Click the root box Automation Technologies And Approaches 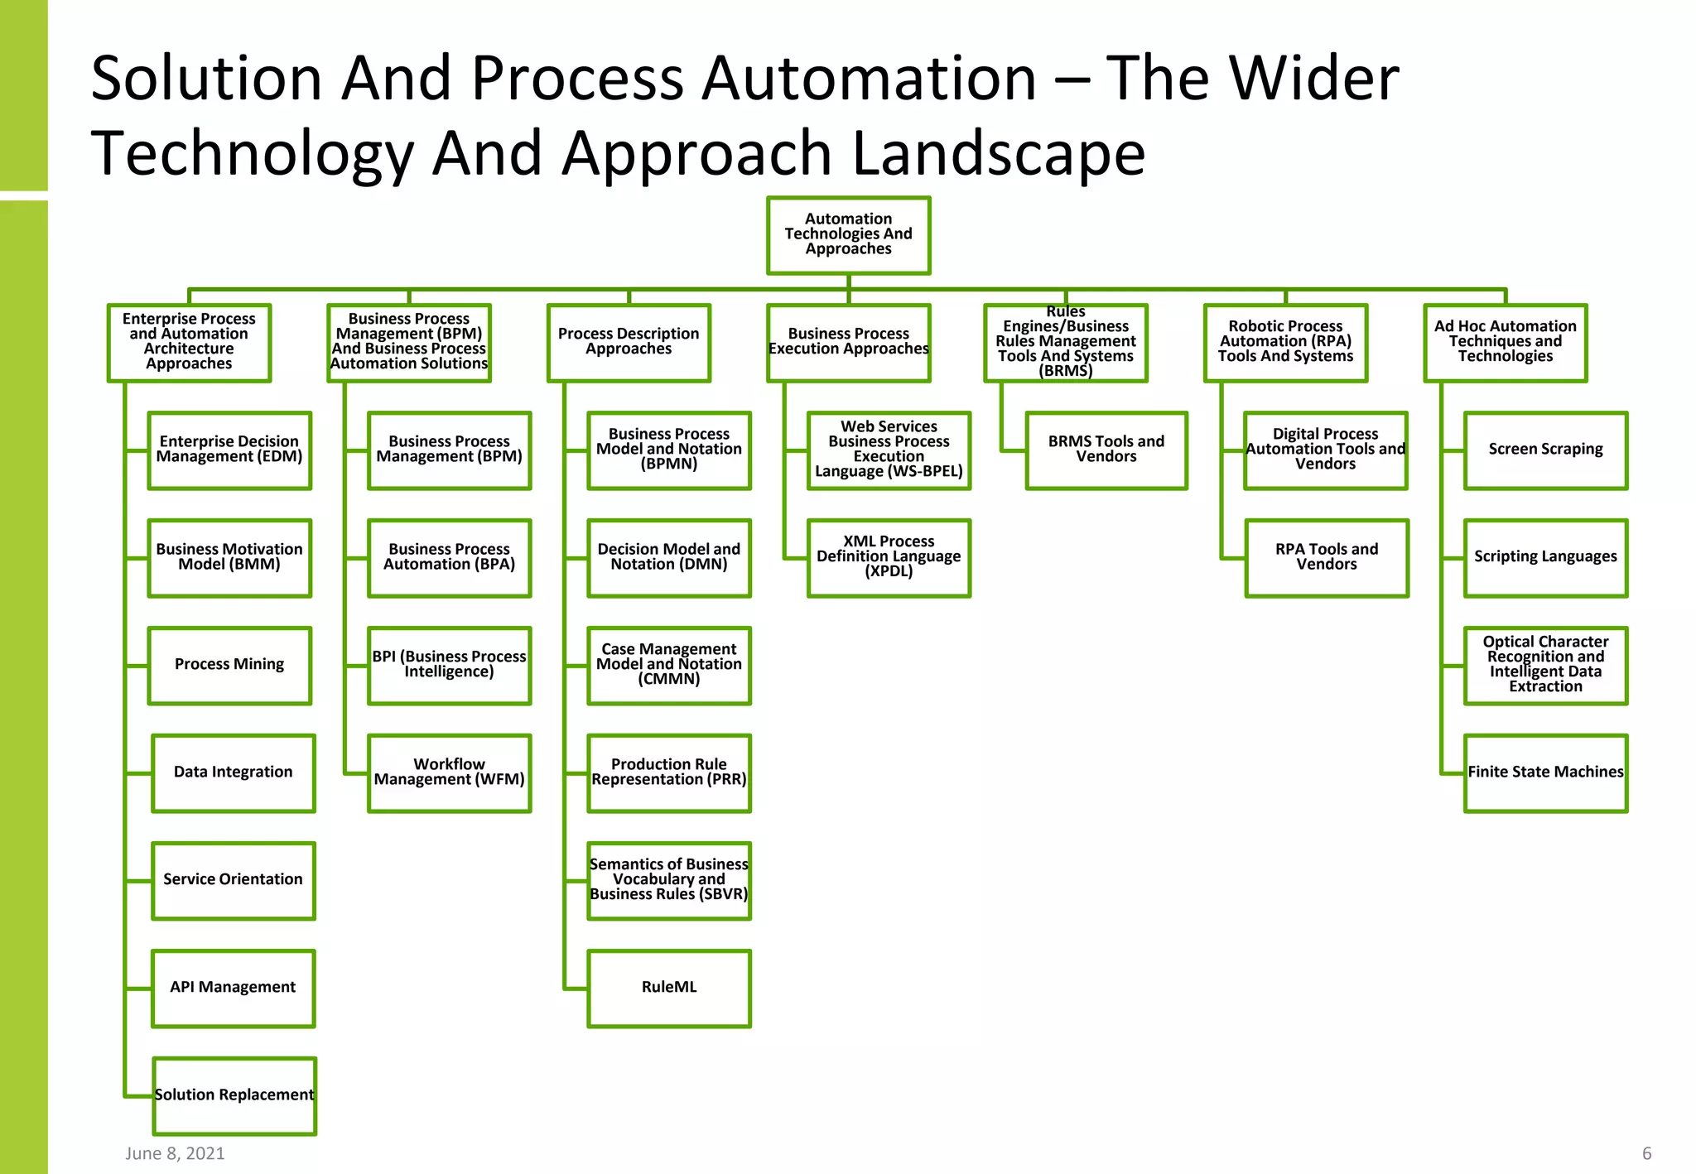(848, 235)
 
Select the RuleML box (669, 988)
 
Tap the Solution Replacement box (234, 1095)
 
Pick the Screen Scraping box (1545, 450)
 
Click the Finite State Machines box (1545, 772)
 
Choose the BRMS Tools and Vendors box (1106, 450)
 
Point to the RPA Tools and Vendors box (1327, 558)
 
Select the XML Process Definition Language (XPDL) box (889, 558)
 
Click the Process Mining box (229, 665)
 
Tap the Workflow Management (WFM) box (449, 772)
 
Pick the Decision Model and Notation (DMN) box (669, 558)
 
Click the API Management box (233, 988)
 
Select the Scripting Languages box (1545, 558)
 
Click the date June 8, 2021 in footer (175, 1153)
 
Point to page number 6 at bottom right (1646, 1153)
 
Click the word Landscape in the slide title (998, 154)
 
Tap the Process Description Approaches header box (629, 343)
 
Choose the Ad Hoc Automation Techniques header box (1505, 343)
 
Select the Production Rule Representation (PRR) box (669, 772)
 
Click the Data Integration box (233, 772)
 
